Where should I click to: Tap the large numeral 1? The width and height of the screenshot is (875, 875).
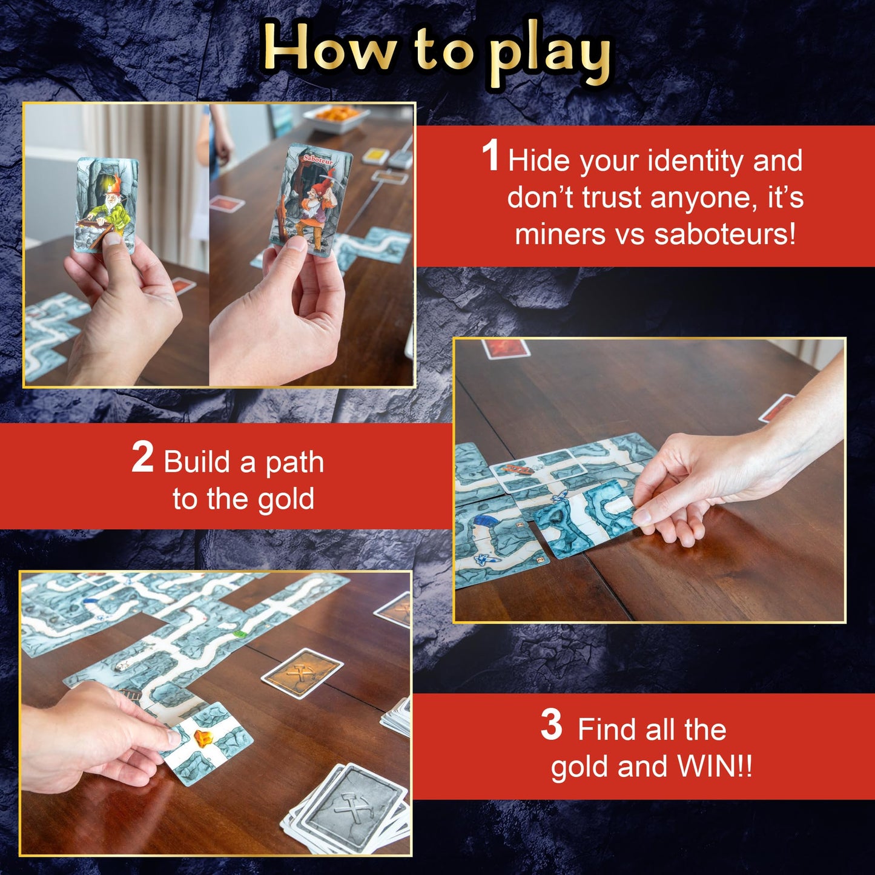pyautogui.click(x=490, y=156)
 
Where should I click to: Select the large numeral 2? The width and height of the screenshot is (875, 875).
pyautogui.click(x=142, y=458)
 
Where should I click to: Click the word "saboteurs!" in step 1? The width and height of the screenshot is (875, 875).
pyautogui.click(x=725, y=234)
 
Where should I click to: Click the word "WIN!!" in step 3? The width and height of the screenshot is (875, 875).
pyautogui.click(x=715, y=767)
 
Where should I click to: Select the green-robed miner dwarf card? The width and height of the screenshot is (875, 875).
pyautogui.click(x=106, y=203)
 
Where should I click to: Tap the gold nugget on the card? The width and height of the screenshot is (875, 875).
pyautogui.click(x=202, y=738)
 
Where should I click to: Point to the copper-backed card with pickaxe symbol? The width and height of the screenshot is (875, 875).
pyautogui.click(x=302, y=673)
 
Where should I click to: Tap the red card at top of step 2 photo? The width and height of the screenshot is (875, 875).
pyautogui.click(x=505, y=348)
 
